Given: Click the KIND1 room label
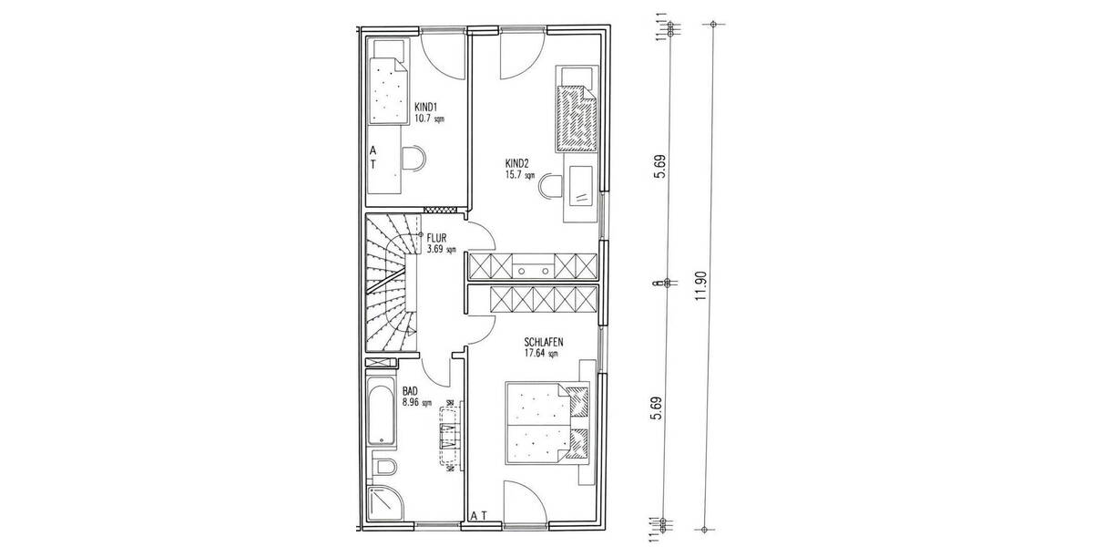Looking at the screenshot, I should (426, 107).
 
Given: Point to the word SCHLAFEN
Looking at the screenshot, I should (544, 342).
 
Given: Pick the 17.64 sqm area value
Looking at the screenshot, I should (544, 354).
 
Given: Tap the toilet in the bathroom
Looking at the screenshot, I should (384, 468).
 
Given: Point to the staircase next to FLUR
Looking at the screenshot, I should (390, 283).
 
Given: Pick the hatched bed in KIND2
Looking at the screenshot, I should (575, 116).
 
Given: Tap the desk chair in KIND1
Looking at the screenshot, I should (414, 160).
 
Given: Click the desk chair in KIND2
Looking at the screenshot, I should (552, 186).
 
